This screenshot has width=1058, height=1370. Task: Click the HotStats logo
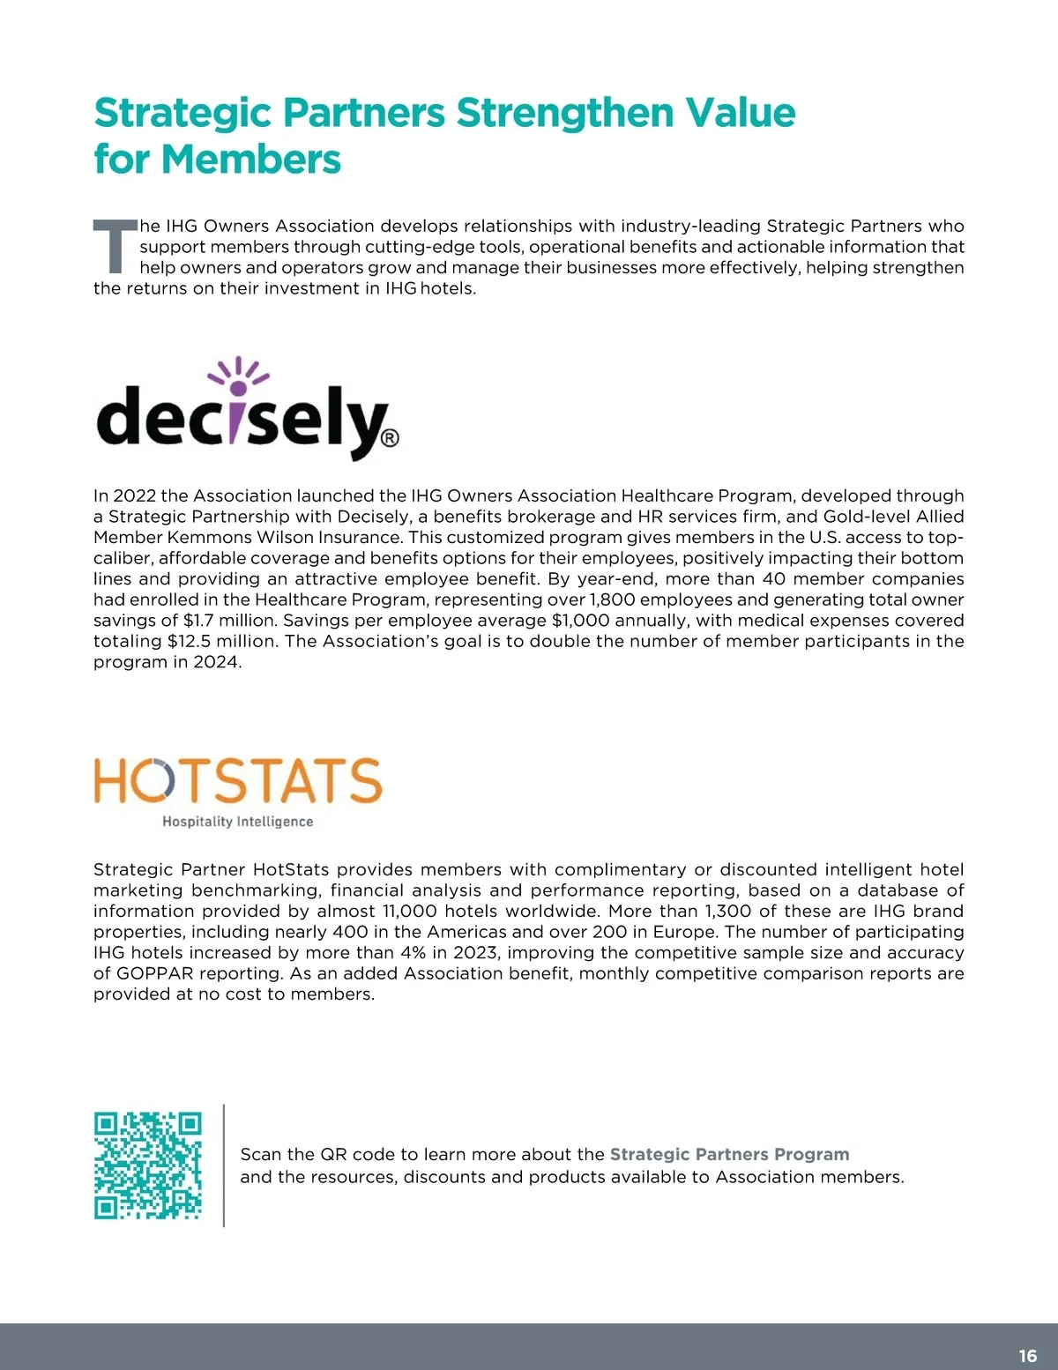pyautogui.click(x=238, y=791)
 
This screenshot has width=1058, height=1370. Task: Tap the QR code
pyautogui.click(x=148, y=1165)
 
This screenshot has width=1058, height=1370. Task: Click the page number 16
pyautogui.click(x=1027, y=1356)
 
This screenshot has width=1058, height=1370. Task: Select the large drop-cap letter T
pyautogui.click(x=115, y=246)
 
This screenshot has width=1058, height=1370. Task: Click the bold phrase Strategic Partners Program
pyautogui.click(x=729, y=1154)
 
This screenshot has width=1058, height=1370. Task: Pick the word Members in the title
pyautogui.click(x=251, y=160)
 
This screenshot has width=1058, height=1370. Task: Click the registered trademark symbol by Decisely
pyautogui.click(x=391, y=438)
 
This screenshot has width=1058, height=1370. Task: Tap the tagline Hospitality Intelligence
pyautogui.click(x=238, y=822)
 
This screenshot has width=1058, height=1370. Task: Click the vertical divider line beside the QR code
pyautogui.click(x=224, y=1165)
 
